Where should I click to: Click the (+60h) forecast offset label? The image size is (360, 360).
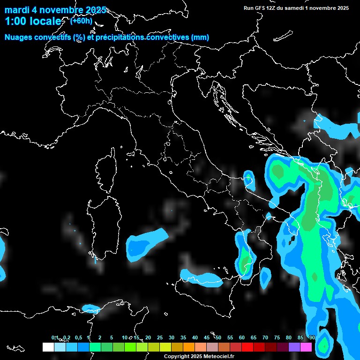[81, 21]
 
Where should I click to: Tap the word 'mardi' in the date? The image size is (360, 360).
[17, 10]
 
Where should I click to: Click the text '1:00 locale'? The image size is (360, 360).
[33, 21]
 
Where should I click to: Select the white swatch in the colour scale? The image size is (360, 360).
[48, 347]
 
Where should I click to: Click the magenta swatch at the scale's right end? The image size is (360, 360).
[306, 347]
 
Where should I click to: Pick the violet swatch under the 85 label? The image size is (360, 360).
[294, 347]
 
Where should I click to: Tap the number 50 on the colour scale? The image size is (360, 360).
[218, 338]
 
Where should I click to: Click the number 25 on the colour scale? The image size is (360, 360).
[160, 338]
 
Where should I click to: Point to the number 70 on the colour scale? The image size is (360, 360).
[265, 338]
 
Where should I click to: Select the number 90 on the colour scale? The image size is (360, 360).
[312, 338]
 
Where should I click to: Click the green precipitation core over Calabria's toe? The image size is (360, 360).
[245, 262]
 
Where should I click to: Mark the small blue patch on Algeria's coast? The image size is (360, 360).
[91, 308]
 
